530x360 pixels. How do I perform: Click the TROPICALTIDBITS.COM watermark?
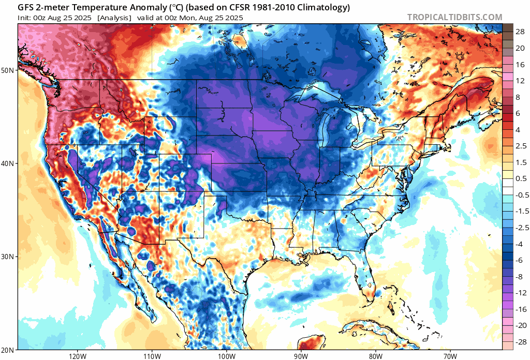click(454, 17)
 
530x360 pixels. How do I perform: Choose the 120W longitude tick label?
click(77, 356)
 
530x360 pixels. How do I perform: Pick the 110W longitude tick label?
click(152, 356)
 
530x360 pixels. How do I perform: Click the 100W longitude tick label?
click(226, 356)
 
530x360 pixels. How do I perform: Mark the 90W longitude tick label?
click(301, 356)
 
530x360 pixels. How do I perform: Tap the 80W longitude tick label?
click(375, 356)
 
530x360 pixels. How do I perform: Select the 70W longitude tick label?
click(450, 356)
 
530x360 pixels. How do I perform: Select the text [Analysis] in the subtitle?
click(114, 18)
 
